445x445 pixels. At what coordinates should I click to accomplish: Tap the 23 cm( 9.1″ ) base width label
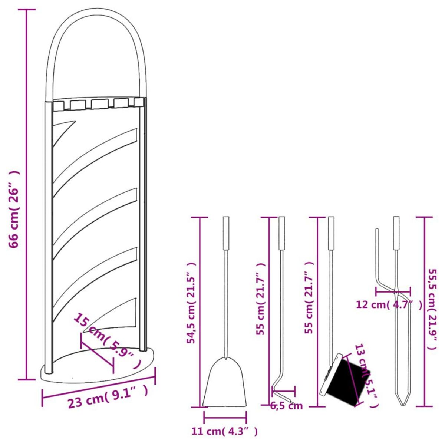pyautogui.click(x=108, y=397)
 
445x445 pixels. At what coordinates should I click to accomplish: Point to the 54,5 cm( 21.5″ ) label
pyautogui.click(x=191, y=303)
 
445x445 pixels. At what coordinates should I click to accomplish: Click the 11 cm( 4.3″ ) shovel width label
pyautogui.click(x=224, y=431)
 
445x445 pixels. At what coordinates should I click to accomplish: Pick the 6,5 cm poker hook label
pyautogui.click(x=286, y=406)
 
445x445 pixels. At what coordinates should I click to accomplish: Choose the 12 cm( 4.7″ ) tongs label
pyautogui.click(x=389, y=305)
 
